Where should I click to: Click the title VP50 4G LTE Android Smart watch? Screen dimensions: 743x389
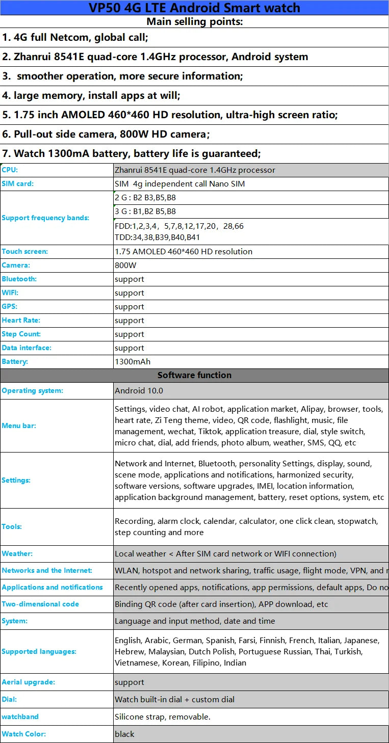(x=194, y=8)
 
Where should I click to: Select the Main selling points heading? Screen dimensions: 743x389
(x=194, y=21)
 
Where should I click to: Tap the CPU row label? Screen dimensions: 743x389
(x=10, y=170)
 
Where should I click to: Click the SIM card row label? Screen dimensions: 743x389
(x=17, y=184)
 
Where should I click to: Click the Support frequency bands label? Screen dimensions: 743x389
(x=45, y=218)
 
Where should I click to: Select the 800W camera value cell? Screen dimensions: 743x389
(x=125, y=266)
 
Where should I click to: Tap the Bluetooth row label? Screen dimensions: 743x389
(x=19, y=279)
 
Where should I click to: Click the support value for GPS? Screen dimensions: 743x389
(x=129, y=307)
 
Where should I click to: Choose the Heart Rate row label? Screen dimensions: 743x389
(x=21, y=321)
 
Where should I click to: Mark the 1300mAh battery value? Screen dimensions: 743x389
(x=133, y=362)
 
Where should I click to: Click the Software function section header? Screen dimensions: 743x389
(x=194, y=375)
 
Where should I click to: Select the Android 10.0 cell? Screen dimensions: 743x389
(x=139, y=391)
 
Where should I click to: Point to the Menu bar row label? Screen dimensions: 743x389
(x=19, y=426)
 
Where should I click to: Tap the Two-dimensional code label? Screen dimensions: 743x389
(x=40, y=604)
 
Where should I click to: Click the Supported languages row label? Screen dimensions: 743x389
(x=39, y=652)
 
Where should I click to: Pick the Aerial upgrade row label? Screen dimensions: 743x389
(x=28, y=682)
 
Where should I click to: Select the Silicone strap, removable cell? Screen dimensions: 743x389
(x=163, y=717)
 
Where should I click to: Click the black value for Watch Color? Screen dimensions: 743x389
(x=124, y=734)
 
